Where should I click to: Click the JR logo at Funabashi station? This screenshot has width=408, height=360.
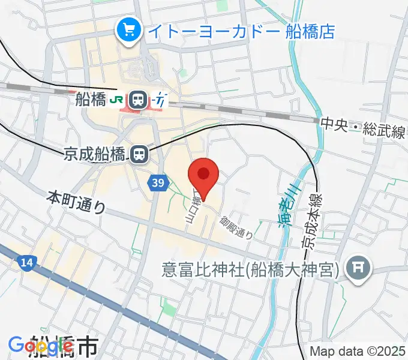118,98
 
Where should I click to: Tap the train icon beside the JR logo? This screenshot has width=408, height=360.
139,98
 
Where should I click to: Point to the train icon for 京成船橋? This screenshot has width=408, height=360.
139,155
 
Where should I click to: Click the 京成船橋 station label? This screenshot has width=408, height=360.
96,155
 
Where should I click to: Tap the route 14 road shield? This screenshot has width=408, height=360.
26,262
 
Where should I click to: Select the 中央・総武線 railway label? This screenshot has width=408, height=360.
364,126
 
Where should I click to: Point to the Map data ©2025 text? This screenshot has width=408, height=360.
357,351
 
